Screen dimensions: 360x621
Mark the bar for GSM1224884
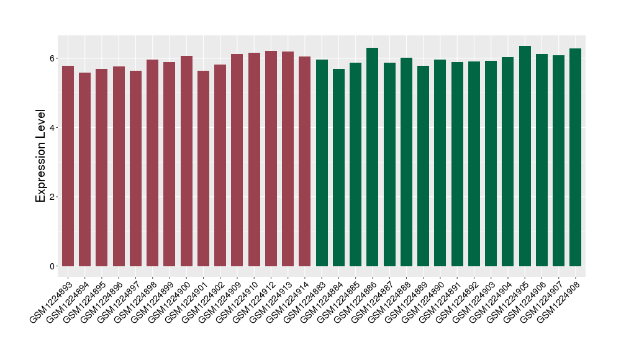point(338,168)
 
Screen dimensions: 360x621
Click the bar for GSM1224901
point(203,168)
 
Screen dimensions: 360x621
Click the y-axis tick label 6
point(53,58)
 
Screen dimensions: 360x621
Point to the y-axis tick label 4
point(53,128)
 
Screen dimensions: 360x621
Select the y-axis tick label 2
point(53,197)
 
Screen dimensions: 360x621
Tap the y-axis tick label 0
point(53,266)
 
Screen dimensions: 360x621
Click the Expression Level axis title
point(41,156)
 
